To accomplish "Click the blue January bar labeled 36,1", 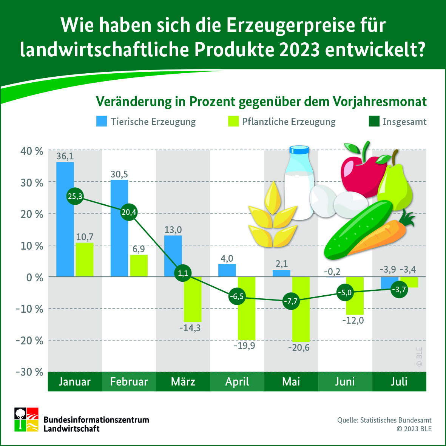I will pos(65,219).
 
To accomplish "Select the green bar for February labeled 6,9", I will pos(139,266).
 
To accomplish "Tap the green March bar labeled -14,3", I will pos(193,299).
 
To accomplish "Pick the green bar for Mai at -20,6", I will pos(301,309).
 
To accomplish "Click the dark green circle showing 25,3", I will pos(75,196).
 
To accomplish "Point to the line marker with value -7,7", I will pos(291,301).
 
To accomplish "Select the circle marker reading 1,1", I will pos(183,273).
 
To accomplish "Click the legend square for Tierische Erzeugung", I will pos(102,121).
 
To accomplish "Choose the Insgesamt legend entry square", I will pos(373,121).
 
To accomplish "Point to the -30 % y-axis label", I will pos(29,372).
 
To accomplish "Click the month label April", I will pos(237,381).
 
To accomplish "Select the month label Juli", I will pos(399,381).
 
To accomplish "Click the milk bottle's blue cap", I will pos(299,150).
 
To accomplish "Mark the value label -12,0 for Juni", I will pos(353,321).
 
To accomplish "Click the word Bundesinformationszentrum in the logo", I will pos(96,420).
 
